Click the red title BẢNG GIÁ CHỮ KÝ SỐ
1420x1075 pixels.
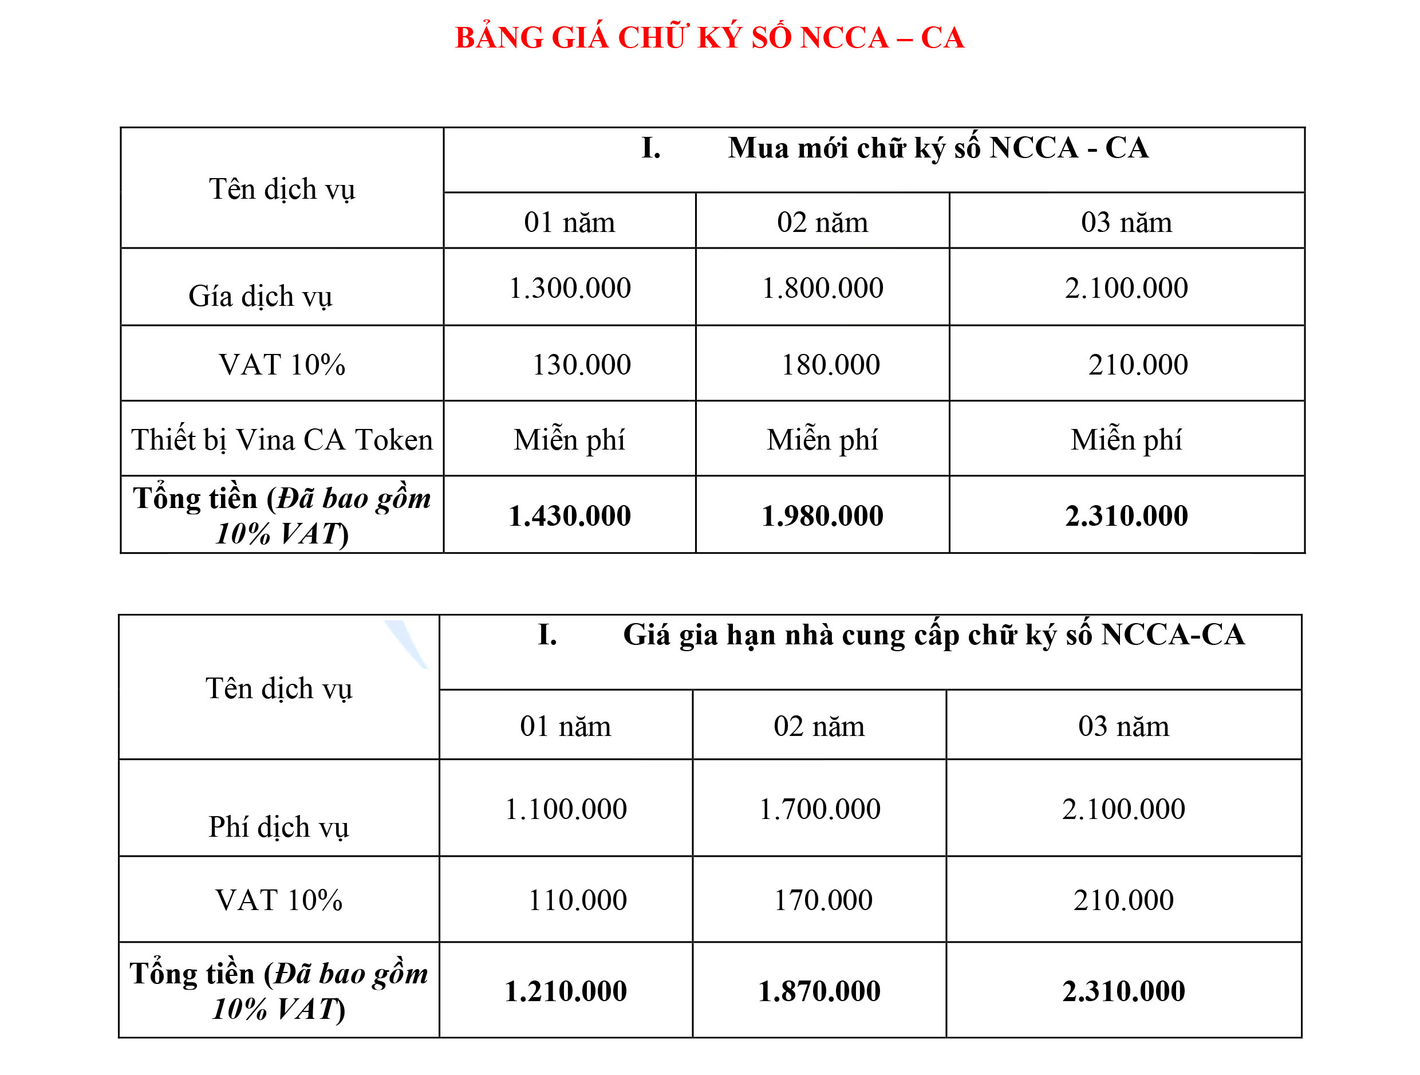point(709,38)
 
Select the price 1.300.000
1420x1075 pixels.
point(569,288)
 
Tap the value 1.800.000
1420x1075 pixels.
point(822,288)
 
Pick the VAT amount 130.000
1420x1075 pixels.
point(581,365)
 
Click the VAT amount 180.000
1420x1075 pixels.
point(830,365)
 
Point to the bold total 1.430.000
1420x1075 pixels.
point(569,515)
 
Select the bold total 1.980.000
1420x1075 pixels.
point(822,515)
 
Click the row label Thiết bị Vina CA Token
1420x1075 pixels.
point(282,440)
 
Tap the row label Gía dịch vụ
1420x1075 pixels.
point(260,297)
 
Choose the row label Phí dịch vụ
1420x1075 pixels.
point(279,827)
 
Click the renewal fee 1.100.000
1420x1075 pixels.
point(566,809)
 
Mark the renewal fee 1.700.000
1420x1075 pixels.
point(819,809)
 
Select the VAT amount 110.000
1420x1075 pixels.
point(577,900)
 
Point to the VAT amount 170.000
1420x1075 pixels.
point(823,900)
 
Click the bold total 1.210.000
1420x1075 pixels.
point(566,991)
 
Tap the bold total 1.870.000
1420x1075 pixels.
point(819,991)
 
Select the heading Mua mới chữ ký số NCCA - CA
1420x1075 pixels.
point(937,148)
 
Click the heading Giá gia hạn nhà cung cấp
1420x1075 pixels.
point(933,635)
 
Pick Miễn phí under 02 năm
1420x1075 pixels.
point(822,440)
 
